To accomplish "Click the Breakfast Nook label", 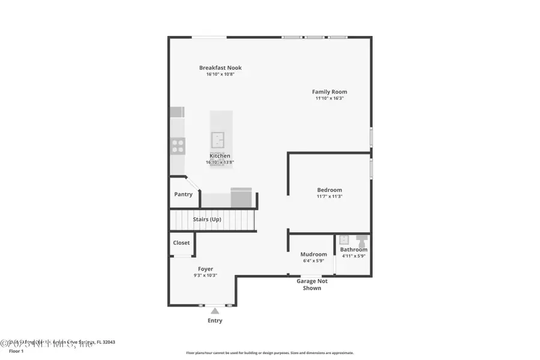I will pyautogui.click(x=220, y=68).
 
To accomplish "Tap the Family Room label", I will pyautogui.click(x=329, y=92).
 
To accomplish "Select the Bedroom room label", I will pyautogui.click(x=329, y=190).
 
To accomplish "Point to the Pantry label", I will pyautogui.click(x=184, y=194).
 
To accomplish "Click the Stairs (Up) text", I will pyautogui.click(x=207, y=220).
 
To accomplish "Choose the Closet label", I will pyautogui.click(x=181, y=243).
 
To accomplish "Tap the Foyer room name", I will pyautogui.click(x=205, y=269).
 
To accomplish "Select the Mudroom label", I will pyautogui.click(x=314, y=254).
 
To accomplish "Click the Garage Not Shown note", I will pyautogui.click(x=312, y=284).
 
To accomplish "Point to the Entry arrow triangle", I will pyautogui.click(x=215, y=310).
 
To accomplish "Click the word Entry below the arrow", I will pyautogui.click(x=215, y=320).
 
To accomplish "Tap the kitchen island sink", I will pyautogui.click(x=217, y=140).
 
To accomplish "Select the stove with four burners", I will pyautogui.click(x=178, y=146).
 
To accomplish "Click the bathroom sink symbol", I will pyautogui.click(x=344, y=240).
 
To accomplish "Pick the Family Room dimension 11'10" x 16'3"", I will pyautogui.click(x=329, y=98).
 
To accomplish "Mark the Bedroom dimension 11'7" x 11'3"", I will pyautogui.click(x=329, y=196).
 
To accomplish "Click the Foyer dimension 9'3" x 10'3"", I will pyautogui.click(x=205, y=275).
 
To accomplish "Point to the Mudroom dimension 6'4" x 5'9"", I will pyautogui.click(x=313, y=261).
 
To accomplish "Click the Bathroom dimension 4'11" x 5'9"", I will pyautogui.click(x=353, y=256).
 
